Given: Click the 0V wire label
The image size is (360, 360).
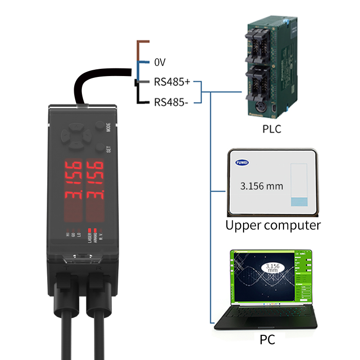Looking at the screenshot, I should point(161,62).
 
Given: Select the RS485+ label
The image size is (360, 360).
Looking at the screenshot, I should point(172,82).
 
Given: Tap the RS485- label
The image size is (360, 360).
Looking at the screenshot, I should point(171,102).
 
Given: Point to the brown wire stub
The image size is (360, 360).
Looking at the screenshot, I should point(143,42).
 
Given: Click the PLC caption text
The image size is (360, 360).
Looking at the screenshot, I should point(272,130).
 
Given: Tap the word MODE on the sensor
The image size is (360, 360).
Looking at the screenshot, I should point(108,127).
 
